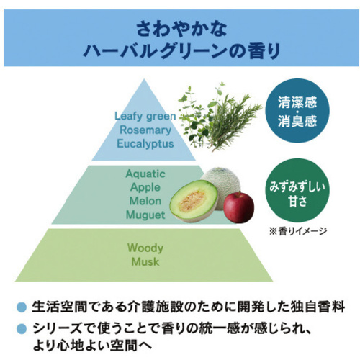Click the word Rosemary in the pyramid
pos(145,130)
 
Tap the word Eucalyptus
pos(145,144)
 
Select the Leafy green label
pos(145,117)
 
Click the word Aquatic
pos(145,174)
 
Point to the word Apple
pos(145,187)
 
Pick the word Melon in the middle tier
pos(145,201)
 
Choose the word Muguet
pos(145,215)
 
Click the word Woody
pos(145,248)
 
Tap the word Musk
pos(145,261)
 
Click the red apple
pos(238,207)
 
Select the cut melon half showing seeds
pos(194,201)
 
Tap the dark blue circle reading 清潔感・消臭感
pos(297,111)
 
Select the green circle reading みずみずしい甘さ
pos(297,191)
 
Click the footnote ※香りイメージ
pos(298,231)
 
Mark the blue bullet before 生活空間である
pos(22,307)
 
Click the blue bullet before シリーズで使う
pos(22,329)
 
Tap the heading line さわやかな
pos(181,30)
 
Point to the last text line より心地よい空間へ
pos(92,346)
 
